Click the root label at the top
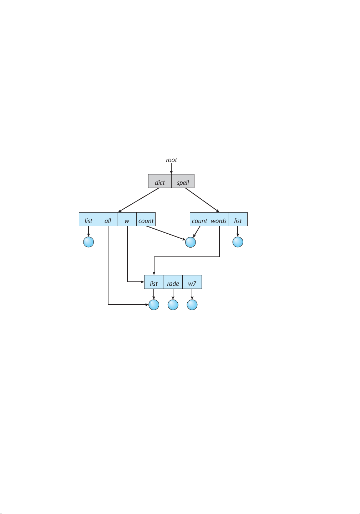point(171,160)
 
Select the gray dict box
point(160,181)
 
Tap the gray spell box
point(183,181)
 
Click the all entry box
point(108,219)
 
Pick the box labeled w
point(127,219)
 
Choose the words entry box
point(219,219)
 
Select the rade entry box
point(173,282)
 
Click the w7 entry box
point(192,282)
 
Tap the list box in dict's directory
point(88,219)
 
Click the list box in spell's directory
point(238,219)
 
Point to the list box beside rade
point(153,282)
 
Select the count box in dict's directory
point(146,219)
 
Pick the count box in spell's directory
point(199,219)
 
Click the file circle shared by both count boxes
point(191,242)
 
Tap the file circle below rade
point(173,305)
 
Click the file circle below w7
point(192,305)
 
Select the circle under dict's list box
point(88,242)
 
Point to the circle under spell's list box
point(238,242)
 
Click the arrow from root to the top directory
point(171,169)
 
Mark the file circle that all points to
point(154,305)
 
